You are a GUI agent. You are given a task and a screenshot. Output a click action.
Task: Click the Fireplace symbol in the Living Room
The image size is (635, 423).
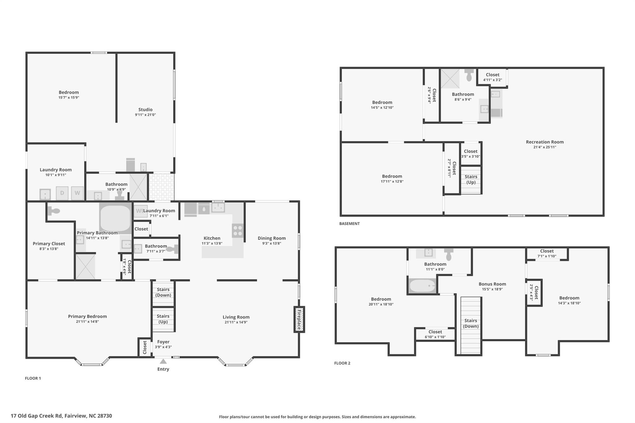299,319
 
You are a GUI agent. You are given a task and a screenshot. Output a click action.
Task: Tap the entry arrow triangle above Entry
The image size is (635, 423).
163,361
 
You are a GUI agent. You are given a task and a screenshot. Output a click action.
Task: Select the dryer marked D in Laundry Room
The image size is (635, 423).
62,193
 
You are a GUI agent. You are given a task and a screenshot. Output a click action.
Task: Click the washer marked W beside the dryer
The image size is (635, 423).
77,193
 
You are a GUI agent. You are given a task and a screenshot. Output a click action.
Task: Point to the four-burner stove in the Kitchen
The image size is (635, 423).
238,231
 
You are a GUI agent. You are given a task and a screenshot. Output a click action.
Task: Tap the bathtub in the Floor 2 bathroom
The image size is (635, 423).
422,286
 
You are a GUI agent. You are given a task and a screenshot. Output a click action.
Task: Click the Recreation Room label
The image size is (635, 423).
544,142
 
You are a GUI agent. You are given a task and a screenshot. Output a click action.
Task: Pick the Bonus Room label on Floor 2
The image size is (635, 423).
492,284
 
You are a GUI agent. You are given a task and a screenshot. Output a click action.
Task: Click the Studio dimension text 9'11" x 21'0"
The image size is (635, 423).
145,115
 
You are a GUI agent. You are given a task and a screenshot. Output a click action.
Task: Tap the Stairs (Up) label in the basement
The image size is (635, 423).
471,179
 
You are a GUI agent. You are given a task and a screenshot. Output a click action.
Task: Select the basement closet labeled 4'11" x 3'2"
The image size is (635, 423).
492,77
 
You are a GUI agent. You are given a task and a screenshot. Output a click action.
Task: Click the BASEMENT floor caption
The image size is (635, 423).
349,223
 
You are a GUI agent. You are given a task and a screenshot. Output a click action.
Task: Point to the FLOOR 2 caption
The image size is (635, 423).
342,363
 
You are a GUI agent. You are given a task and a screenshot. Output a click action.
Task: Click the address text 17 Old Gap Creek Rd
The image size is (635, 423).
61,416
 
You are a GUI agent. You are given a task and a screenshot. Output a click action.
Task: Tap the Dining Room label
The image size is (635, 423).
272,238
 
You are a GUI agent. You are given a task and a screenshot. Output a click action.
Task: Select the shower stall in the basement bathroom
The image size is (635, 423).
450,79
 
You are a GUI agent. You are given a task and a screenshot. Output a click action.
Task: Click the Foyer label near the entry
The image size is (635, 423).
163,342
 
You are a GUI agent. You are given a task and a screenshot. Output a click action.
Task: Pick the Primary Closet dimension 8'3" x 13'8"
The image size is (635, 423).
49,249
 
